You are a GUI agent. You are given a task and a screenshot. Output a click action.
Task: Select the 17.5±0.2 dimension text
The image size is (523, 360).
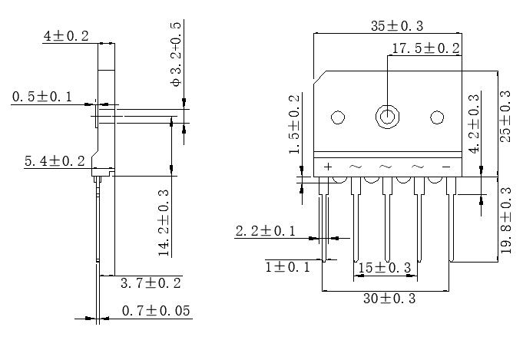[425, 48]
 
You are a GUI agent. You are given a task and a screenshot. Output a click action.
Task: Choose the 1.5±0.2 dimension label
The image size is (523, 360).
[294, 124]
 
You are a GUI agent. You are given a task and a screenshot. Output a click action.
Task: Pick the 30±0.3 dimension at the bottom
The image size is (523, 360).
[389, 299]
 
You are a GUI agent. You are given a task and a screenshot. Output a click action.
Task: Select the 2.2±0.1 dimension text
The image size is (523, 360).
[265, 230]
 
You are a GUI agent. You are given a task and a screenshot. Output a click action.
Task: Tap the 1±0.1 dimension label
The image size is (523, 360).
[289, 266]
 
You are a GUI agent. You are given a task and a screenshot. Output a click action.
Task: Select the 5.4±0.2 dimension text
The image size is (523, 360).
[55, 161]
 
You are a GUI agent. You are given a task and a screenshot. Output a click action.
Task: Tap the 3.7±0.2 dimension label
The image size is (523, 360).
[151, 283]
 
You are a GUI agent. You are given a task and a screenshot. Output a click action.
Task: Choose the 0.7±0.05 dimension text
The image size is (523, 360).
[156, 311]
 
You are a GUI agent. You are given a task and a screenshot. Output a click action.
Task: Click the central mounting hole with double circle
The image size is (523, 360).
[387, 117]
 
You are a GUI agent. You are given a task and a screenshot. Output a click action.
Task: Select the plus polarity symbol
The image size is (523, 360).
[328, 167]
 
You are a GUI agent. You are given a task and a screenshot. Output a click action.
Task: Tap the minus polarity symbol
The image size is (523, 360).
[445, 167]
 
